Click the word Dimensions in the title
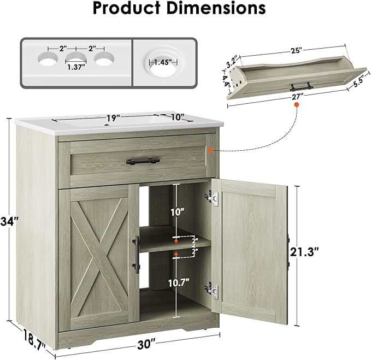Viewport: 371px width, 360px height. (x=216, y=8)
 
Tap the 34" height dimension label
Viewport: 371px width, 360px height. (x=9, y=221)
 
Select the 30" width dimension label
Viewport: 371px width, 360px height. (x=146, y=344)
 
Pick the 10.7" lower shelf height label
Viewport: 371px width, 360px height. (x=179, y=282)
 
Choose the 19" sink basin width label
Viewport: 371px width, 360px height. (x=114, y=118)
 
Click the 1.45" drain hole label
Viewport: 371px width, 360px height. (x=163, y=62)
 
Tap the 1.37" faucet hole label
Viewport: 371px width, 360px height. (x=76, y=67)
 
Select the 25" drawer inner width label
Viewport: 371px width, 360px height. (x=296, y=50)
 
